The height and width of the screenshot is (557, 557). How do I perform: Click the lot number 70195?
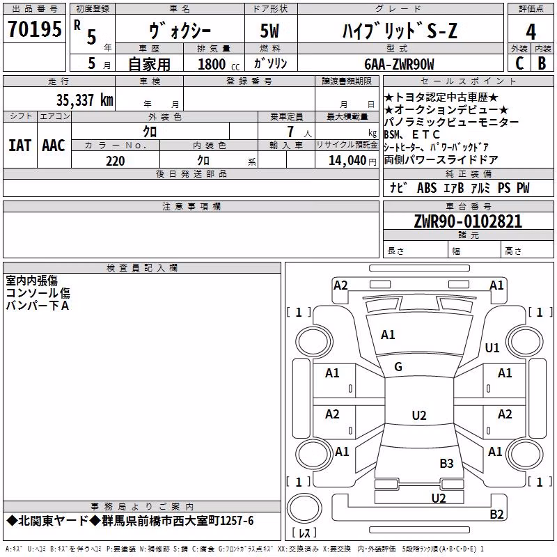click(34, 29)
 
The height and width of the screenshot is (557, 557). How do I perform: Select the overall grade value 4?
click(531, 31)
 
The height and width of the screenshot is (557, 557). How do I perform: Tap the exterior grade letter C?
click(519, 63)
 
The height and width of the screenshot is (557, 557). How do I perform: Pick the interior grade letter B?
click(542, 63)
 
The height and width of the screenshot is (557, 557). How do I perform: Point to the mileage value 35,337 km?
click(84, 100)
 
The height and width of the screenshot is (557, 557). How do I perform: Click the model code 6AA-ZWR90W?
click(399, 64)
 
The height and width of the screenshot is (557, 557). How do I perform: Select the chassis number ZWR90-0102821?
click(468, 221)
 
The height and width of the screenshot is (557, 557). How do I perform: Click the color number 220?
click(116, 161)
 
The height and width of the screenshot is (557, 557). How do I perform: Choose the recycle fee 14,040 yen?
click(352, 161)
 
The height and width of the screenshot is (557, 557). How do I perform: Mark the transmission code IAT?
click(19, 146)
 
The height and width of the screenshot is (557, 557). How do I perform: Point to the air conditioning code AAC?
click(54, 146)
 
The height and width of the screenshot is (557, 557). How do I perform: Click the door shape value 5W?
click(269, 31)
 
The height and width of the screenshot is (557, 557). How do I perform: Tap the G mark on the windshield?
click(398, 366)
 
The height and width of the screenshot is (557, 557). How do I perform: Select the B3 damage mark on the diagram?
click(446, 463)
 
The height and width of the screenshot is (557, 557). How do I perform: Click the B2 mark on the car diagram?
click(496, 514)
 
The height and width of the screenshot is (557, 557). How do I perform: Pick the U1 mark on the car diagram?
click(492, 347)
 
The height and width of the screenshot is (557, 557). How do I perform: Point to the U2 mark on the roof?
click(419, 415)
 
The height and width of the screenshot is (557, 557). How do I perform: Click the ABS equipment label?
click(427, 188)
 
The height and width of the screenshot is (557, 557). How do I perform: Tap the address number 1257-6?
click(237, 521)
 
